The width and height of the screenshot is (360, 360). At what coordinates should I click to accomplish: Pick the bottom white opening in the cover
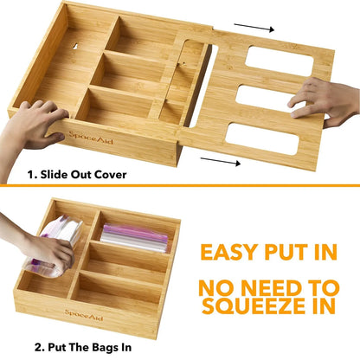275,138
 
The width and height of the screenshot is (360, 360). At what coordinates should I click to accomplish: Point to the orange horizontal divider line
180,184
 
